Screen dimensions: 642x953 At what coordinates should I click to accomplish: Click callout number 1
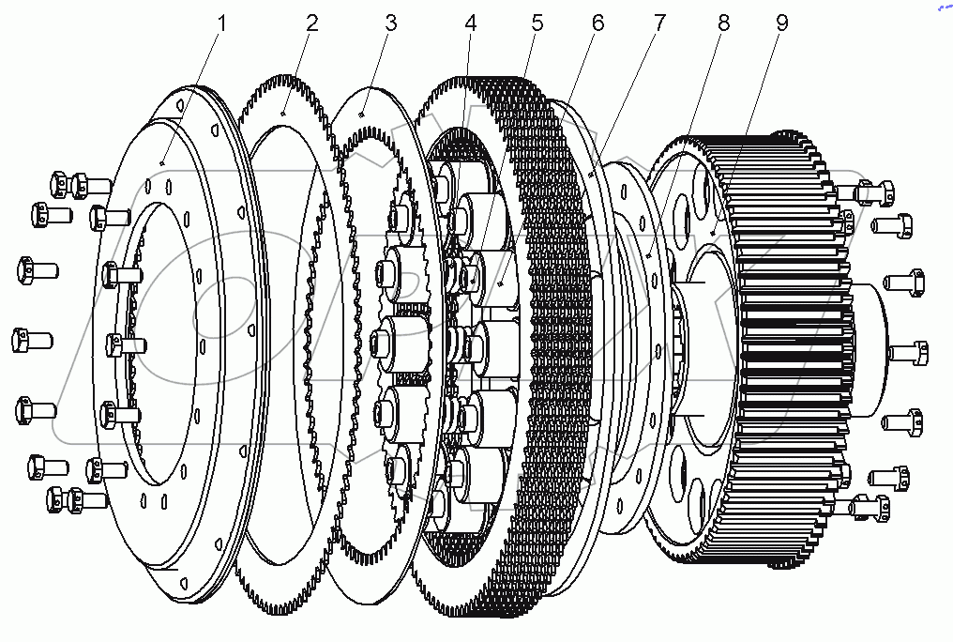coord(221,23)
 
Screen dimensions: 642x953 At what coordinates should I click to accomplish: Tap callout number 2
coord(311,23)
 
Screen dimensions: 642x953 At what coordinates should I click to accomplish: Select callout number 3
coord(391,23)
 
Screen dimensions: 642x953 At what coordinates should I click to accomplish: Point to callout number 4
coord(471,23)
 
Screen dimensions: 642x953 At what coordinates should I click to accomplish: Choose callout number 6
coord(598,23)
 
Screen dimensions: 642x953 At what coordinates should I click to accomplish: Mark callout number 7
coord(659,23)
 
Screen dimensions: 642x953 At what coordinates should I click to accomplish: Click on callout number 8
coord(722,23)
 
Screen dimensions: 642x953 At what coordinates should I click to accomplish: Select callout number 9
coord(782,23)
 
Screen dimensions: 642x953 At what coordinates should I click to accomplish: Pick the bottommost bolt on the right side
coord(870,508)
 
